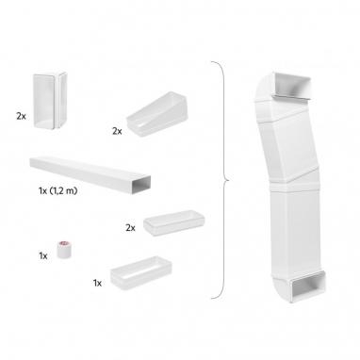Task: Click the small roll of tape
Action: [x=64, y=250]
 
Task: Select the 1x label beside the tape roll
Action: [x=43, y=256]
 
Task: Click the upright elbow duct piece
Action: [x=50, y=101]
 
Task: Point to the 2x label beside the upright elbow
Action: [x=21, y=116]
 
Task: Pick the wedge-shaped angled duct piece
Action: [x=156, y=114]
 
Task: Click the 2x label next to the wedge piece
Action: [x=117, y=131]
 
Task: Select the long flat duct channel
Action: [x=90, y=174]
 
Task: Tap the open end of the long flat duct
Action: [x=141, y=185]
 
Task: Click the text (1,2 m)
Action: [x=63, y=190]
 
